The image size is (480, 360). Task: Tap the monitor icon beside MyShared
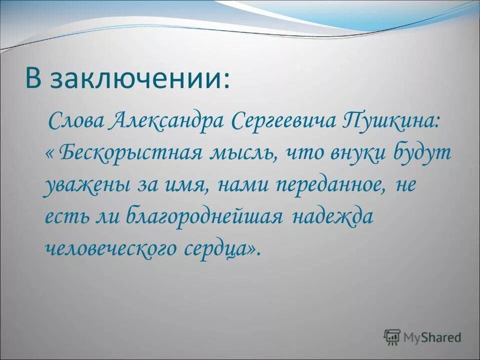click(392, 337)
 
